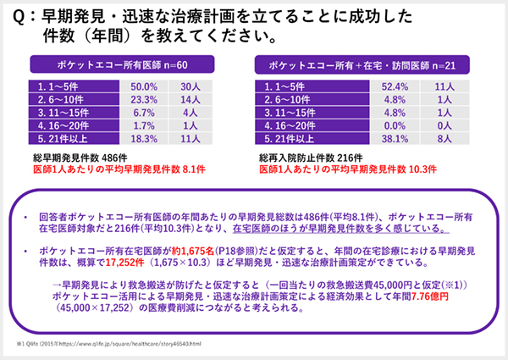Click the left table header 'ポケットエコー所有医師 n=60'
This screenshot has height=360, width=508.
coord(126,64)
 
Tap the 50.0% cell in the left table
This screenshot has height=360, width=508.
coord(140,86)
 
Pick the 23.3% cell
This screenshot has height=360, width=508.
coord(140,98)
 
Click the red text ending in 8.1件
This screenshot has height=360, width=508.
coord(118,169)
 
